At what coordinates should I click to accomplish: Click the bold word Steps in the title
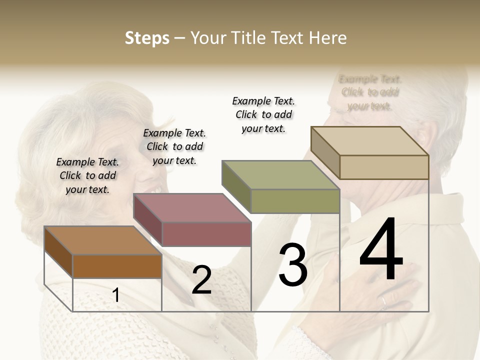tap(147, 38)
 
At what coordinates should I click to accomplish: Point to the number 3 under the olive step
tap(292, 265)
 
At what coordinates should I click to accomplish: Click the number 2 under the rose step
tap(201, 279)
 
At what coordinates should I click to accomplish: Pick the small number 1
tap(116, 295)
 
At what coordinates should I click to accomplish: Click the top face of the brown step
tap(103, 240)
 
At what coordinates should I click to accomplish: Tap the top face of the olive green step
tap(281, 175)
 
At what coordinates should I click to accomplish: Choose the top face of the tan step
tap(370, 141)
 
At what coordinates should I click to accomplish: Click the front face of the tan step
tap(384, 167)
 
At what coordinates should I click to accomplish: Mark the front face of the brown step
tap(117, 266)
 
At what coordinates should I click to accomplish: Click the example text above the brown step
tap(87, 175)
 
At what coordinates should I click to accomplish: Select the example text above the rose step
tap(174, 146)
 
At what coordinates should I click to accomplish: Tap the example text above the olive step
tap(263, 114)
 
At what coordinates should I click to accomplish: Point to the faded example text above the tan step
tap(370, 92)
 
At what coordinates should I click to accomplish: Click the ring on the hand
tap(383, 301)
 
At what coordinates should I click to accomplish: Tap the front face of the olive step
tap(295, 201)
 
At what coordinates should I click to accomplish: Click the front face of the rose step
tap(206, 234)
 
